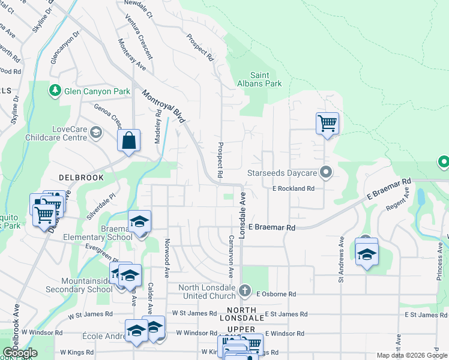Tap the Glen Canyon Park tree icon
coord(55,91)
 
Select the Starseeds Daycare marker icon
coord(326,173)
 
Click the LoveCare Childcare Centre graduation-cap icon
coord(95,132)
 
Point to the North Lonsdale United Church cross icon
coord(244,291)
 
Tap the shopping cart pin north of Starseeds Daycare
coord(327,124)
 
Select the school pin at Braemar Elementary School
coord(139,222)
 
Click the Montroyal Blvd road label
coord(163,107)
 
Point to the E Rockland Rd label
coord(294,188)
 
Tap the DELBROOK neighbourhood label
coord(81,178)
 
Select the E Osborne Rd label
coord(276,294)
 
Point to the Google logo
coord(20,353)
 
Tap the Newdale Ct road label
coord(139,8)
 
